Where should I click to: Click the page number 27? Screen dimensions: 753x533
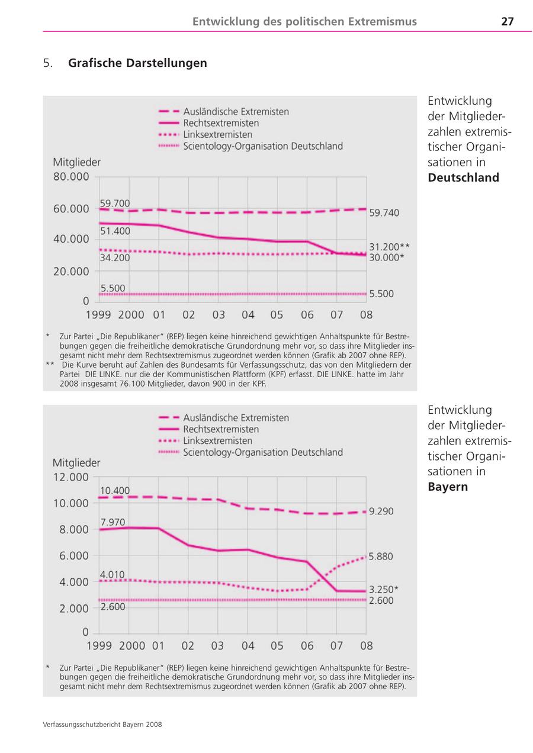[508, 22]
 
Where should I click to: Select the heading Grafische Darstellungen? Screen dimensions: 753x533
[137, 63]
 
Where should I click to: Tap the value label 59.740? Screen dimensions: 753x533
[384, 213]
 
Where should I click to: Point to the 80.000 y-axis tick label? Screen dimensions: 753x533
[71, 176]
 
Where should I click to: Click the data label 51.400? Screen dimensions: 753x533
[115, 231]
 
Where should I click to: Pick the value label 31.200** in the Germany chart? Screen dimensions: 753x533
[389, 247]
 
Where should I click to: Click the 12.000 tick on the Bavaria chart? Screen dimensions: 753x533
[71, 477]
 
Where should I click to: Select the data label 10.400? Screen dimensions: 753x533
[114, 491]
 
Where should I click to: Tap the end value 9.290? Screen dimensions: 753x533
[381, 511]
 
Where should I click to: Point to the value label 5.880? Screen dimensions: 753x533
[381, 557]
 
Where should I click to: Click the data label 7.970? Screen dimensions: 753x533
[113, 522]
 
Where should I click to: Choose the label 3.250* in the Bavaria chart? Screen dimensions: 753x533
[383, 590]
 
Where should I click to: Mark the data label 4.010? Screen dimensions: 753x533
[113, 574]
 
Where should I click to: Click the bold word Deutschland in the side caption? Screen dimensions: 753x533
[463, 178]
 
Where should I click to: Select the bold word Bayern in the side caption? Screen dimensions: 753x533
[448, 487]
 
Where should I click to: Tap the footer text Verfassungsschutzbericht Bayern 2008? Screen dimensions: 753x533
[102, 725]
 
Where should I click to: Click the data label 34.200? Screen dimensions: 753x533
[115, 258]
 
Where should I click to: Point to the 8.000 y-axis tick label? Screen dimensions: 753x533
[74, 530]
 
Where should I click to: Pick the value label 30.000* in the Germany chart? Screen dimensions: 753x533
[387, 258]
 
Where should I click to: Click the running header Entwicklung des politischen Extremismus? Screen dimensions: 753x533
[304, 22]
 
